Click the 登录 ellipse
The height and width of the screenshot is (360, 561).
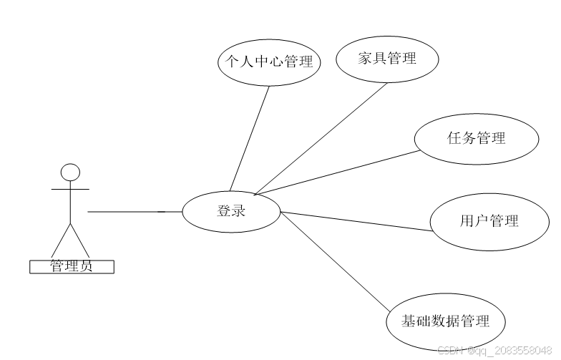[231, 211]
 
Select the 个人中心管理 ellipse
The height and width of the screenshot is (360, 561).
[268, 62]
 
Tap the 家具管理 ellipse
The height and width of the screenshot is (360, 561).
[386, 59]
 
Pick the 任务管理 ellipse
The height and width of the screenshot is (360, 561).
[477, 138]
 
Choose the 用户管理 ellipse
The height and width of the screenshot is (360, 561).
[489, 221]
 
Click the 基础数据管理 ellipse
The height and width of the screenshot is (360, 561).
[445, 321]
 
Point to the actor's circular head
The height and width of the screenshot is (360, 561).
[70, 172]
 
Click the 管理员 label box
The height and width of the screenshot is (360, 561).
[72, 267]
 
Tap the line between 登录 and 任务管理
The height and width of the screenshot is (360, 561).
[336, 172]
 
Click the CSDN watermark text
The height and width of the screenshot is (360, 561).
[494, 350]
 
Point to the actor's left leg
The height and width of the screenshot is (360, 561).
[60, 240]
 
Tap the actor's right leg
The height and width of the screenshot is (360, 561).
[80, 240]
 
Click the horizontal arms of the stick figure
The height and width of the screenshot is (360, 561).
[70, 190]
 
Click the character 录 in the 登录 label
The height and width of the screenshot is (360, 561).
[238, 211]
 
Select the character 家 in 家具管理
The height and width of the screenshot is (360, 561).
[364, 59]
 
